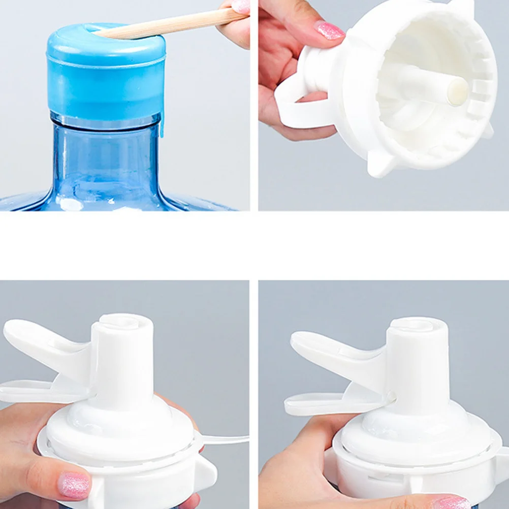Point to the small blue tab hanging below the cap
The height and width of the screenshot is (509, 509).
[162, 127]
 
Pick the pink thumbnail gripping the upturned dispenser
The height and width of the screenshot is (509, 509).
[330, 30]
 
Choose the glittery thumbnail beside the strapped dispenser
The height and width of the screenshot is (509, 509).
[74, 485]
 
